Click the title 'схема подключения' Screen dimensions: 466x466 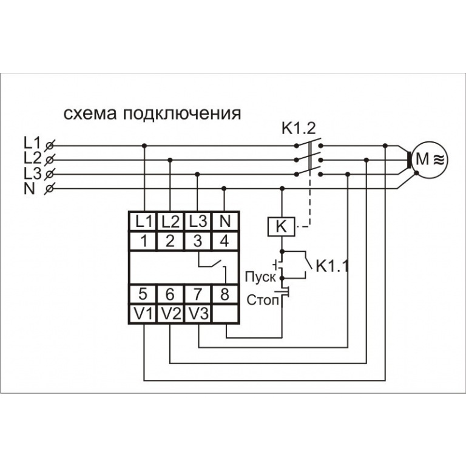(x=152, y=113)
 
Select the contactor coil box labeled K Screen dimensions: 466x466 (x=280, y=227)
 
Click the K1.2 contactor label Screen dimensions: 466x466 (x=299, y=128)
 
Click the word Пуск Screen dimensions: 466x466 (x=260, y=277)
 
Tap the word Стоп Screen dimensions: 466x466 (x=262, y=300)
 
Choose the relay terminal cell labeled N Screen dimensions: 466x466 (x=225, y=221)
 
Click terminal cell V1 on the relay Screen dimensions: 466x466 (x=143, y=314)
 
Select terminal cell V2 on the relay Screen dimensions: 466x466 (x=171, y=314)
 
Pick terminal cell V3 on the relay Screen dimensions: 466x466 (x=198, y=314)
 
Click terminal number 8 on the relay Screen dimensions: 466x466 (x=225, y=294)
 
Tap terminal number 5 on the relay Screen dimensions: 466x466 (x=143, y=294)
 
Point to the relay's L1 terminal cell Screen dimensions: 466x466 (x=143, y=221)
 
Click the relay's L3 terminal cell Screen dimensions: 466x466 (x=198, y=221)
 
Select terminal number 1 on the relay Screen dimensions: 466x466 (x=143, y=240)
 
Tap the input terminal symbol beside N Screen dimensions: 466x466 (x=50, y=189)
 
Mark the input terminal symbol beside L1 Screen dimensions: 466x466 (x=50, y=146)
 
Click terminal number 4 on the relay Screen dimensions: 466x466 (x=225, y=240)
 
